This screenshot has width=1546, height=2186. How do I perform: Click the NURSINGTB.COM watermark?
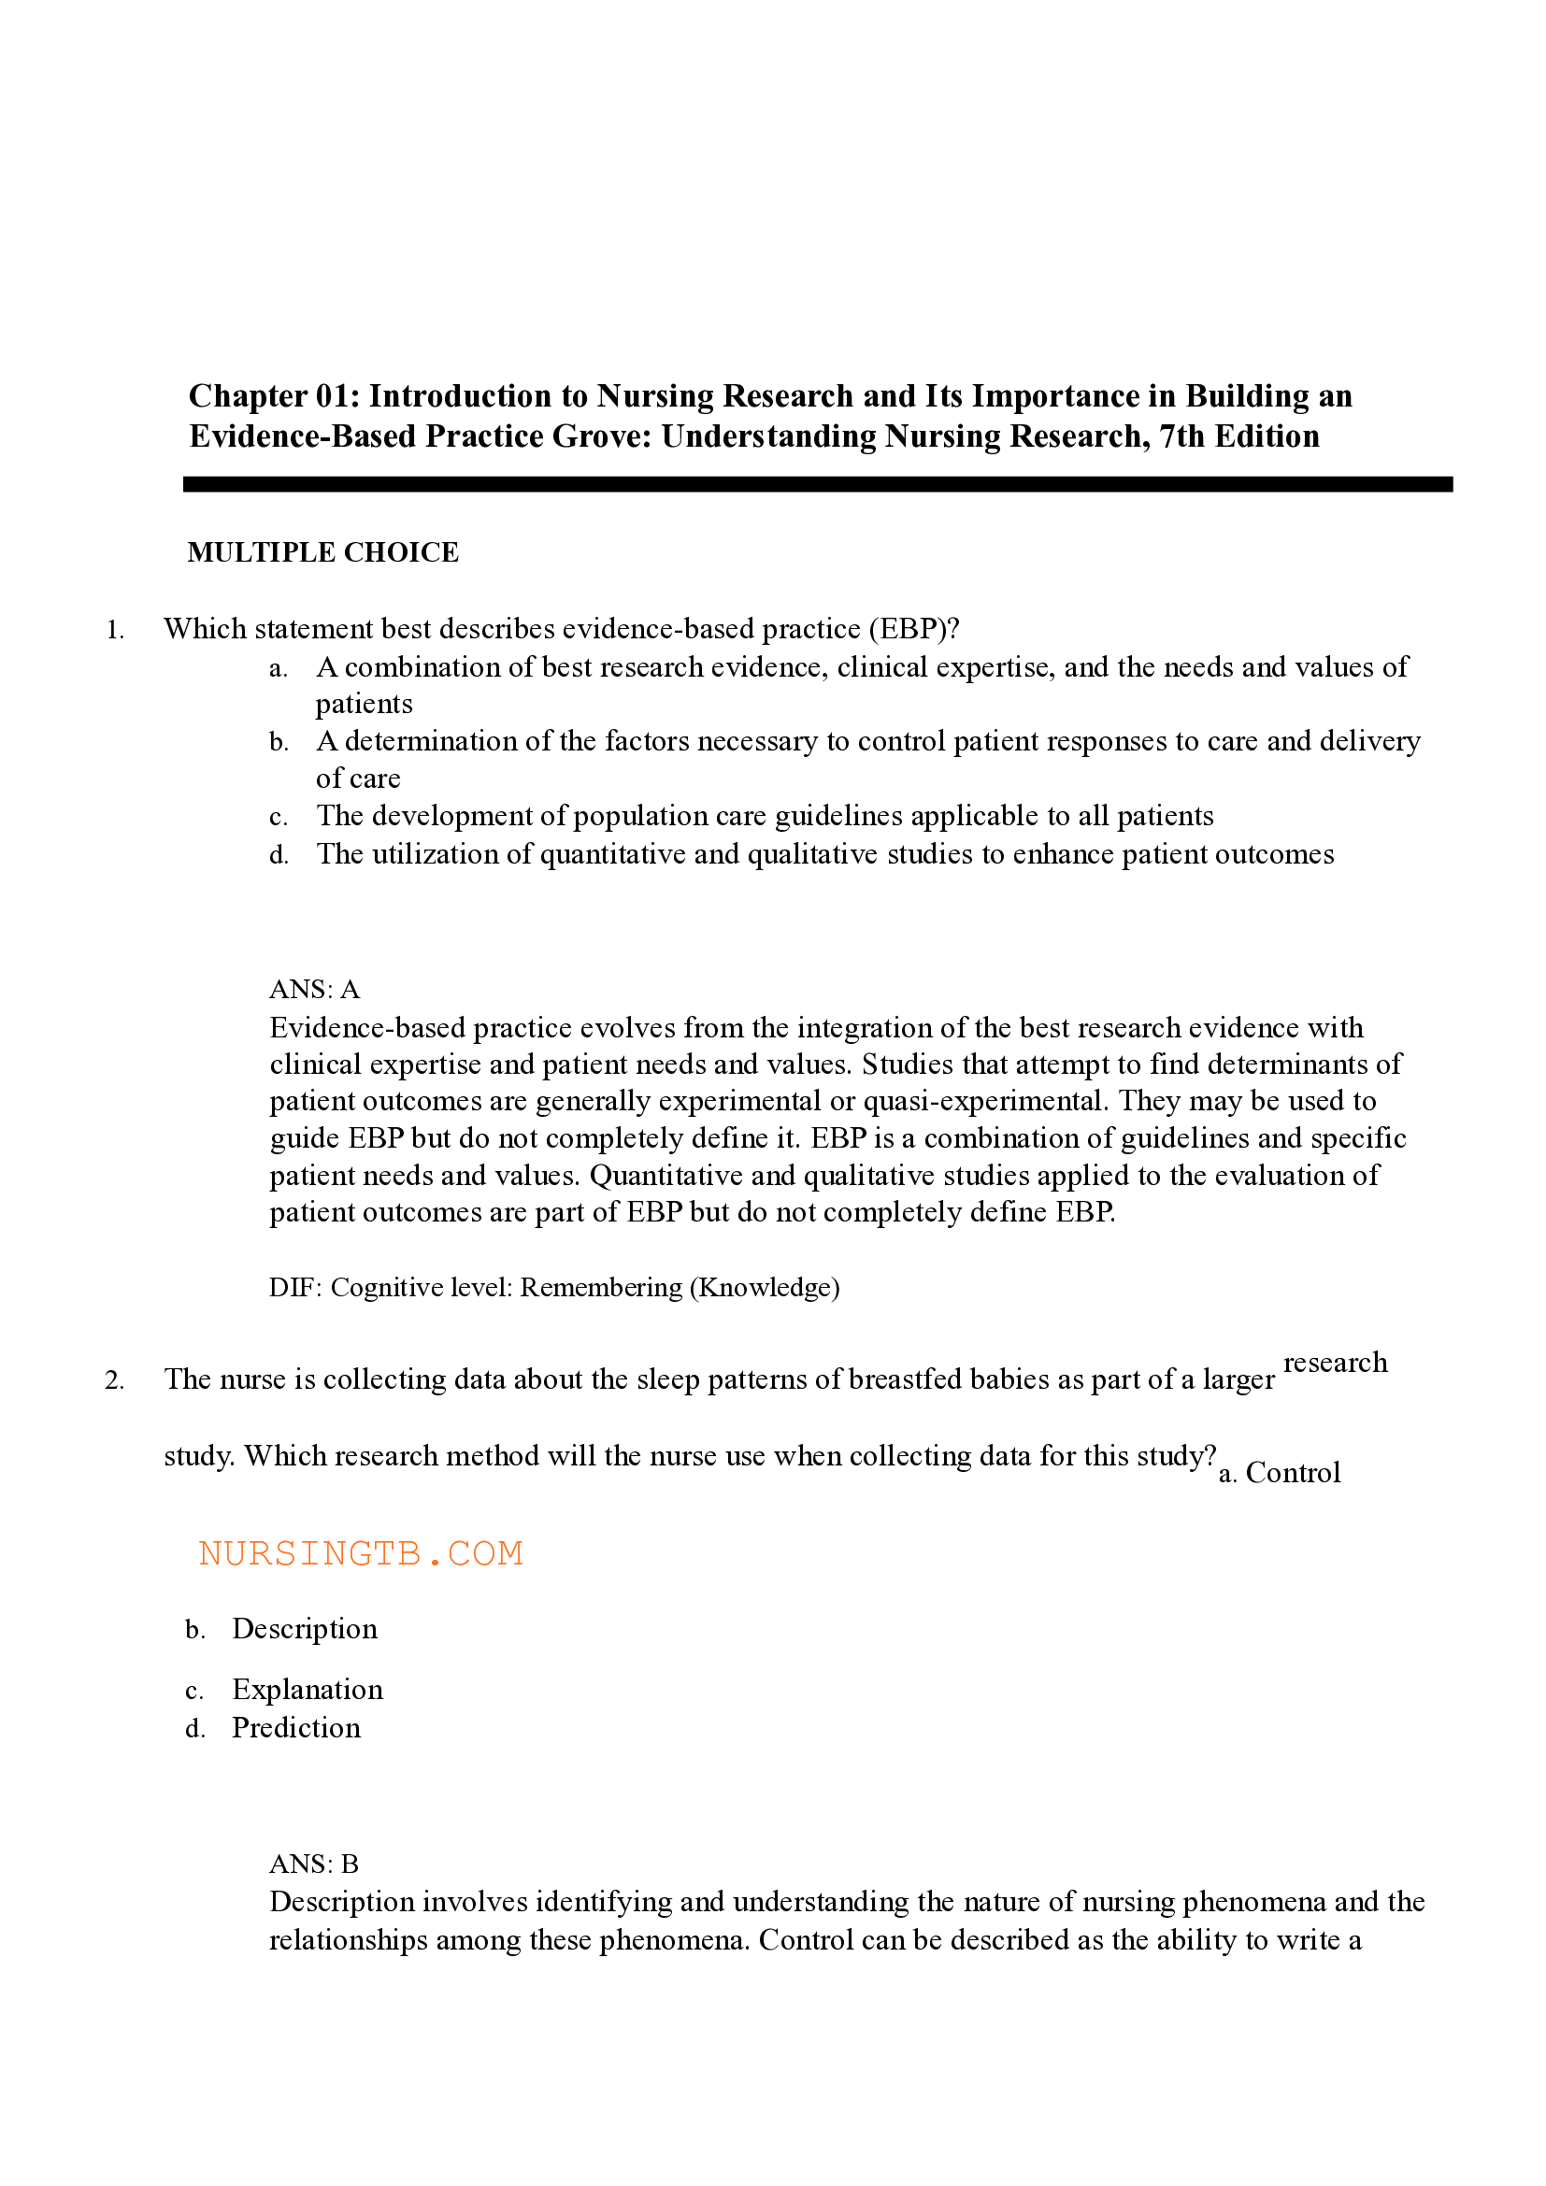click(361, 1554)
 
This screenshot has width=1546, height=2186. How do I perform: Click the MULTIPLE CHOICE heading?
click(322, 552)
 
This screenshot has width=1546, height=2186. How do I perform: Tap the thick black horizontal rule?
click(817, 485)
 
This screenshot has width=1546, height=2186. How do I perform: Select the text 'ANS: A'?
click(314, 989)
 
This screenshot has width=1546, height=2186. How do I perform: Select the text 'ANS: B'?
click(314, 1864)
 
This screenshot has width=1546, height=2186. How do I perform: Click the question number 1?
click(115, 630)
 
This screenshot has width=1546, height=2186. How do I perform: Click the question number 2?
click(114, 1380)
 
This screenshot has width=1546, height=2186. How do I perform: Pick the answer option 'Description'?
click(305, 1629)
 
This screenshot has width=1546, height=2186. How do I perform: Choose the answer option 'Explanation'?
click(308, 1690)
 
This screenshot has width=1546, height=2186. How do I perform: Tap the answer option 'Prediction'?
click(296, 1728)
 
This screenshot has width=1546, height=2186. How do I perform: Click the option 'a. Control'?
click(1280, 1473)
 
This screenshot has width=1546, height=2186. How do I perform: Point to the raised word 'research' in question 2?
click(1335, 1363)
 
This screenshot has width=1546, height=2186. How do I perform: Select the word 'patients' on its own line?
click(364, 704)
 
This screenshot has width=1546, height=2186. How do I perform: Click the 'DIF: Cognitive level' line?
click(554, 1287)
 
